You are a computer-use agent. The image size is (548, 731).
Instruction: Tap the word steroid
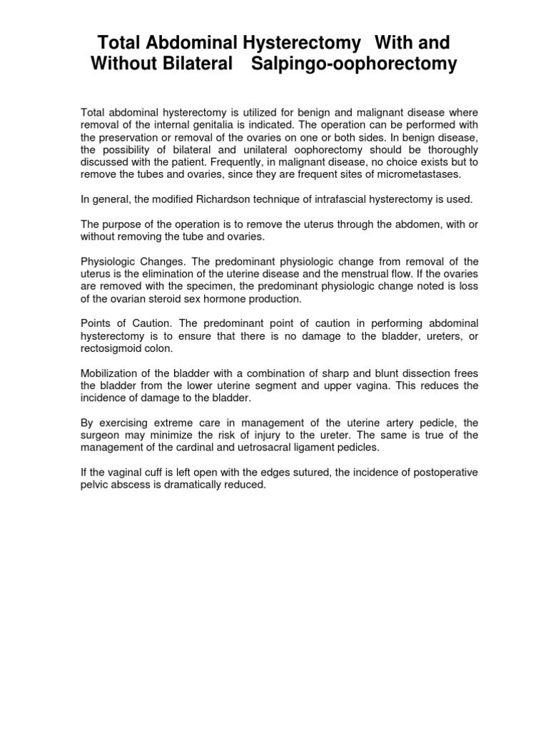(x=174, y=298)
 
